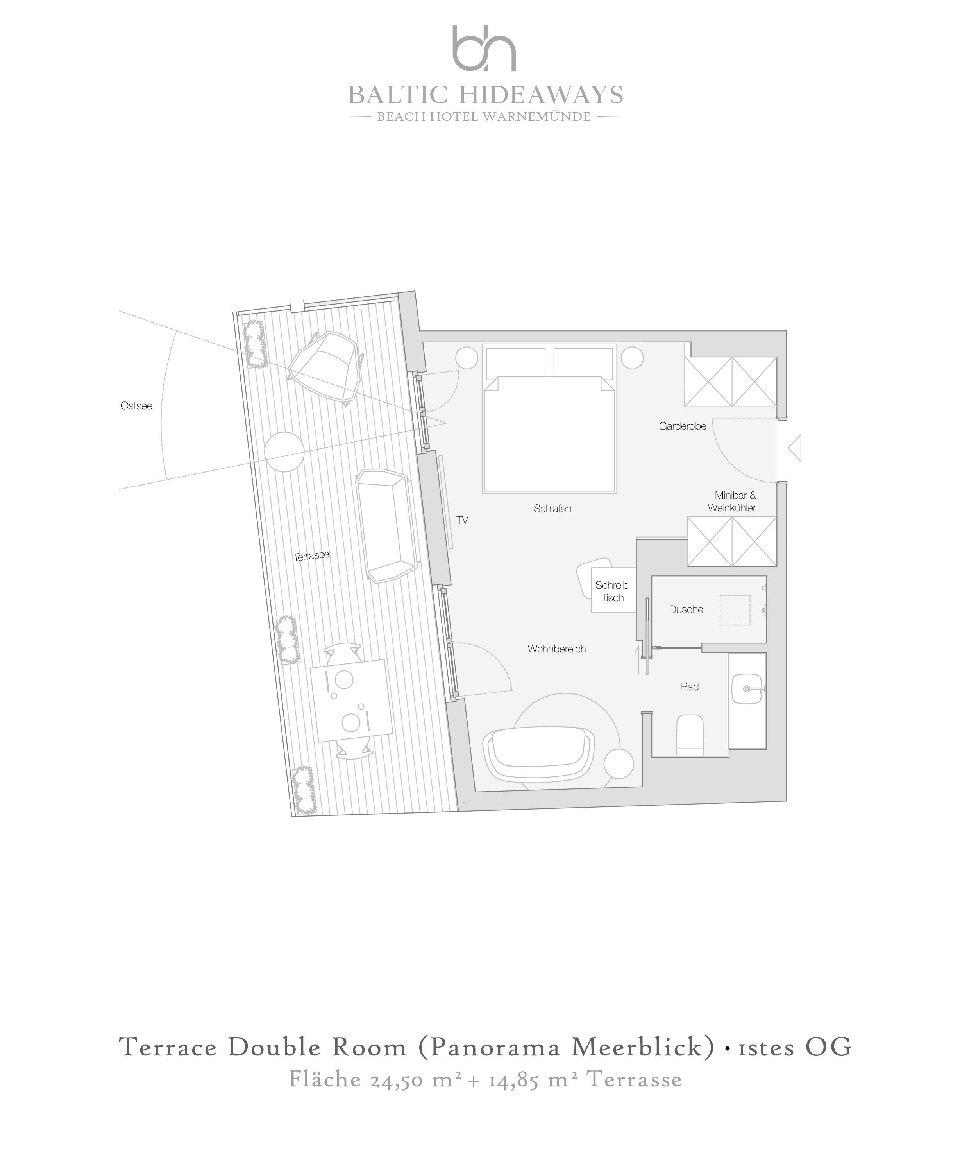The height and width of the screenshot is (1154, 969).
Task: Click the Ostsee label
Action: point(136,406)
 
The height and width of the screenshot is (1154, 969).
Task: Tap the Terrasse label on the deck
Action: point(311,555)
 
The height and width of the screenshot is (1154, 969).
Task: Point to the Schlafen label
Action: point(552,509)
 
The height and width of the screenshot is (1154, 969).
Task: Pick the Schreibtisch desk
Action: point(613,590)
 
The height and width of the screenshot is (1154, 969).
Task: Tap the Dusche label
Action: point(686,609)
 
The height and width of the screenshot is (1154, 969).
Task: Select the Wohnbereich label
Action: point(556,649)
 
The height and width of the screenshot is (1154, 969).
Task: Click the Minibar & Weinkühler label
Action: point(732,502)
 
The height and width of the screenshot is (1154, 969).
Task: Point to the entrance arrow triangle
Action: point(795,448)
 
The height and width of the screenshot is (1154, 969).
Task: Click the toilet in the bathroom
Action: point(690,735)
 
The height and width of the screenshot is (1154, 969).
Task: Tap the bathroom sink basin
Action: point(747,688)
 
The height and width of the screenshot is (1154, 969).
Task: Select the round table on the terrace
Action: point(284,452)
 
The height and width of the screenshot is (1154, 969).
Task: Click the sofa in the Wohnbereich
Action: point(538,753)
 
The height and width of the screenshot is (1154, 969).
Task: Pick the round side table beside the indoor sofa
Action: point(619,764)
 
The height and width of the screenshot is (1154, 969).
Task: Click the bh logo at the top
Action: point(484,48)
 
